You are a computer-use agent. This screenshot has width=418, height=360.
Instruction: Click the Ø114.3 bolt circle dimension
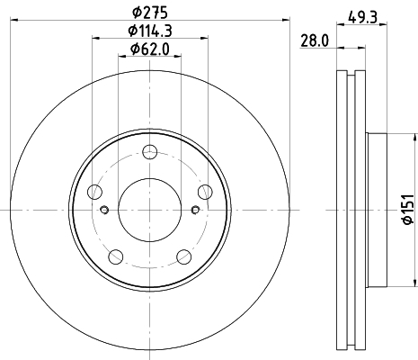pos(150,31)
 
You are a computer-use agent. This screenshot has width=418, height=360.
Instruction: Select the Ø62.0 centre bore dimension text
pos(150,48)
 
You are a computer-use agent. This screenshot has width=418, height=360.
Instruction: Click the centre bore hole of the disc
pos(150,209)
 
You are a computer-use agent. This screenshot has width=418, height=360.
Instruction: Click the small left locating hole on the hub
pos(105,211)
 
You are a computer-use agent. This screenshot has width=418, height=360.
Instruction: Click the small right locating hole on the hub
pos(195,211)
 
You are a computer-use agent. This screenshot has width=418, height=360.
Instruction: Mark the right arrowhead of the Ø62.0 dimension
pos(178,55)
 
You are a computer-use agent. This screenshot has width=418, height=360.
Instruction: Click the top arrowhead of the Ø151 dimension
pos(393,137)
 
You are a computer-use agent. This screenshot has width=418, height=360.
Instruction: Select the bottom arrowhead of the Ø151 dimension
pos(393,282)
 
